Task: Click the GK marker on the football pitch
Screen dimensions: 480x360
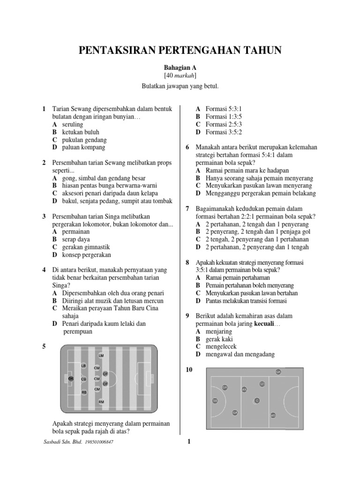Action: click(x=71, y=378)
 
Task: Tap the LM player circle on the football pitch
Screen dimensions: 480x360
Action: click(x=101, y=356)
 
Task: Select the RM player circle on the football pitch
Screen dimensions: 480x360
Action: click(x=101, y=402)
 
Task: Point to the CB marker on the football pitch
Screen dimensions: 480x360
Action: click(x=84, y=379)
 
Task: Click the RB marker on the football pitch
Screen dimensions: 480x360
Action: click(x=84, y=392)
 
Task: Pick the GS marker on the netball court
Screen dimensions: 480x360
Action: click(x=215, y=401)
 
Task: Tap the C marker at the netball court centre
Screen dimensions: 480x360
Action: click(x=256, y=400)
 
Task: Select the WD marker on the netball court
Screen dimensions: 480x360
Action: click(x=273, y=415)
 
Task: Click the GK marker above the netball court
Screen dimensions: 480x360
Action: click(x=278, y=372)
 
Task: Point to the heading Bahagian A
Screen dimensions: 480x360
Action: click(x=180, y=67)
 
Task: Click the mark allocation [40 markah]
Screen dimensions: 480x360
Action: click(x=180, y=76)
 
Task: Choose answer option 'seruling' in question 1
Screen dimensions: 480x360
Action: click(x=72, y=125)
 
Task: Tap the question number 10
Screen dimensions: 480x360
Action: click(x=189, y=370)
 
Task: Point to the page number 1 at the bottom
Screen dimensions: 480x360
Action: click(x=188, y=442)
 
